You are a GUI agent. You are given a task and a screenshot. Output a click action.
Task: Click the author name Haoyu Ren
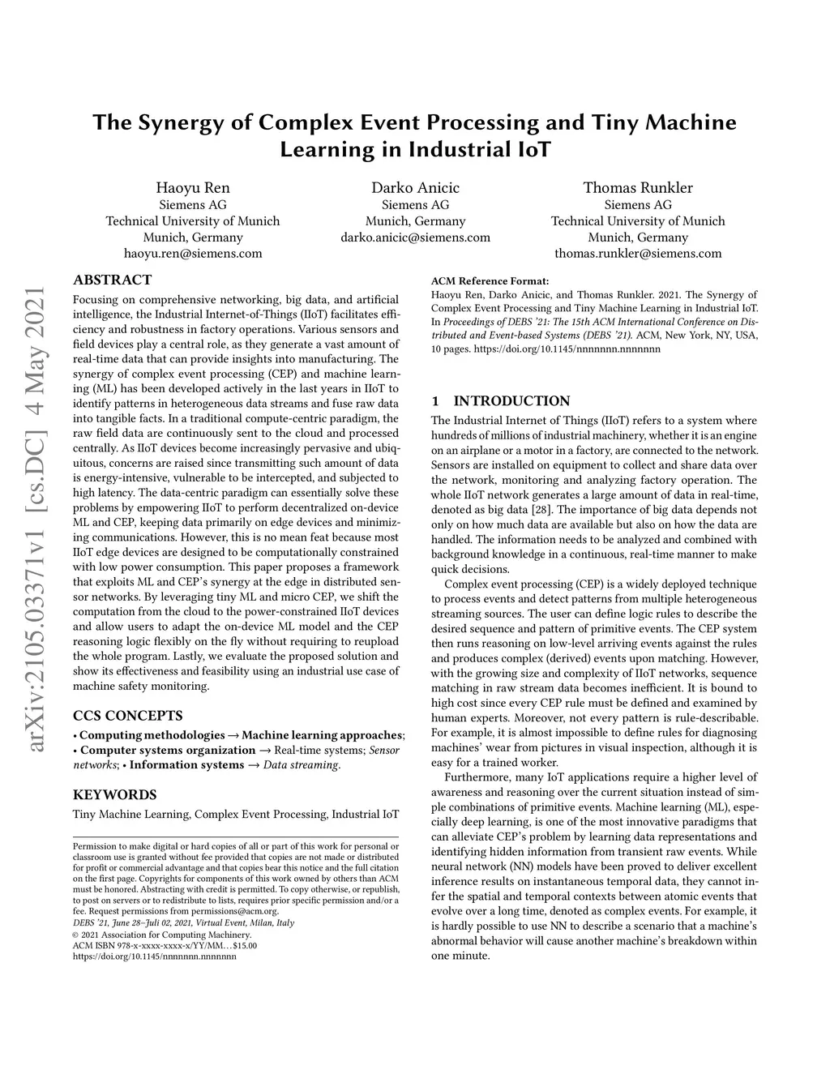tap(193, 188)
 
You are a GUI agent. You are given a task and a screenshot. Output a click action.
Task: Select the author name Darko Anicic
tap(415, 188)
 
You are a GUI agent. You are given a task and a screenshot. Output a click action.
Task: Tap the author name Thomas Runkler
tap(638, 188)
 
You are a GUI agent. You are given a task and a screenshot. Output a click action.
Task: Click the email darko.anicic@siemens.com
tap(415, 237)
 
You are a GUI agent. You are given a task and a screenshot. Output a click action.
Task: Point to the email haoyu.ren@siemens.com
tap(193, 254)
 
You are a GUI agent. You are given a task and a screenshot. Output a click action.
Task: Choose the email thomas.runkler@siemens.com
tap(638, 254)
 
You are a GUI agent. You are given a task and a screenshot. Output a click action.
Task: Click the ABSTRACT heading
tap(113, 280)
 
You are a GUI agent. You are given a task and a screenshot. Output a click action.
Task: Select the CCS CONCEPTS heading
tap(127, 716)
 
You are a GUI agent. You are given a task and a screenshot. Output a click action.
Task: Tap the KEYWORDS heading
tap(115, 794)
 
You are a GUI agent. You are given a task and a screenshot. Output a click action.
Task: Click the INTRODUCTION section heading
tap(511, 401)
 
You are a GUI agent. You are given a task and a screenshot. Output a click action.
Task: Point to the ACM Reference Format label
tap(490, 281)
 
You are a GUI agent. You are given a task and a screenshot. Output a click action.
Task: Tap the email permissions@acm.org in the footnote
tap(234, 912)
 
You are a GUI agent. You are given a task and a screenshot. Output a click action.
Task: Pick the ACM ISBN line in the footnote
tap(165, 945)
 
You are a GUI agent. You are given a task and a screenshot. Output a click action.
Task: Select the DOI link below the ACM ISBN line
tap(155, 956)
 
